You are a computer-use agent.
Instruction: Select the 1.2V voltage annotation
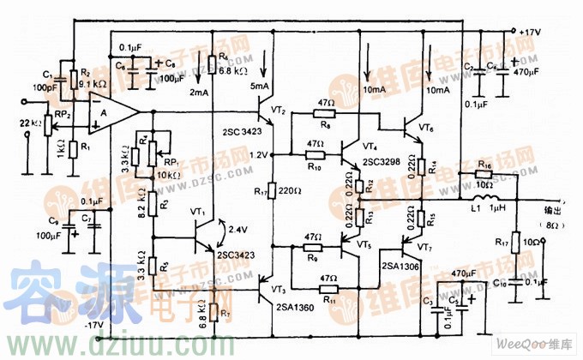tap(258, 155)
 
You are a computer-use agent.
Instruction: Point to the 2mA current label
tap(199, 92)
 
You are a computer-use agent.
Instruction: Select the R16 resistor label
tap(484, 162)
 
